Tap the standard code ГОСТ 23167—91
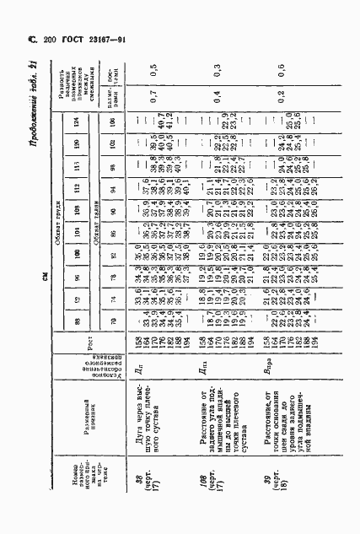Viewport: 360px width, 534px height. pyautogui.click(x=91, y=39)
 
